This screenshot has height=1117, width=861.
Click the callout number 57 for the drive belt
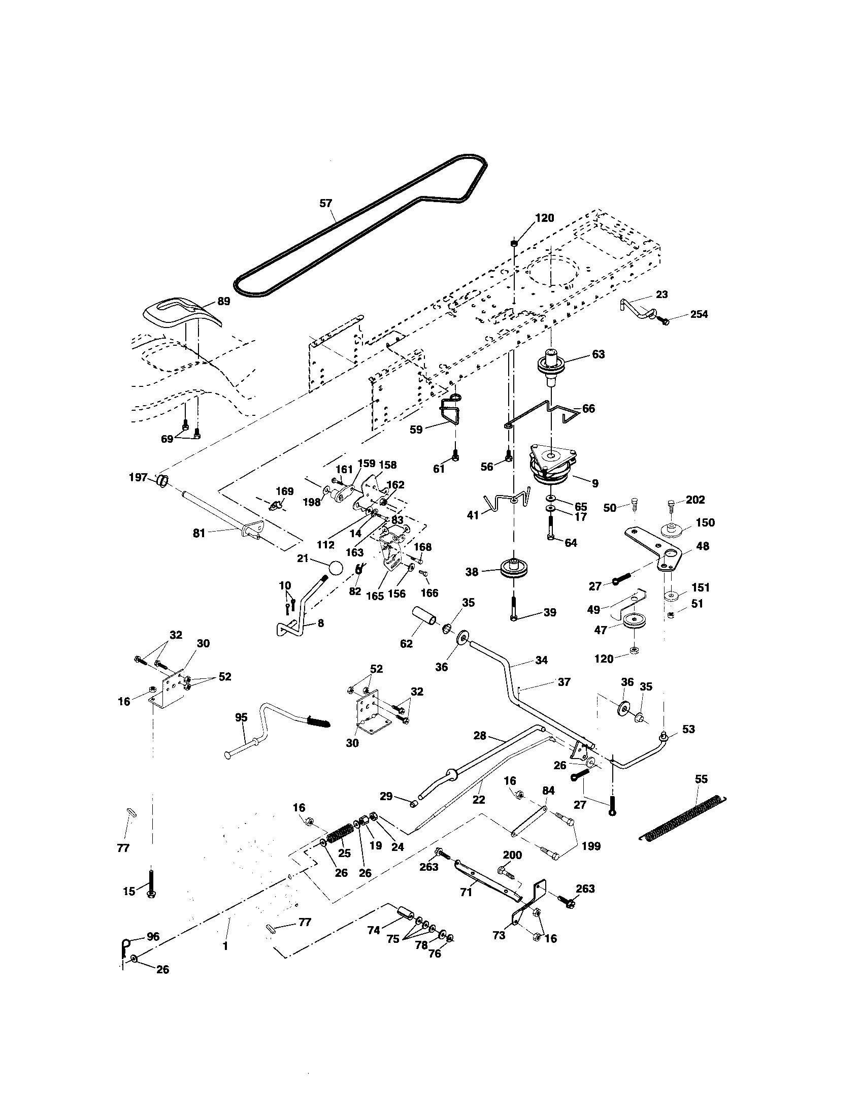tap(325, 204)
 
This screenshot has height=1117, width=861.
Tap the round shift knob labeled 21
tap(335, 568)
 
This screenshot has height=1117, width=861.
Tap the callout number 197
tap(138, 477)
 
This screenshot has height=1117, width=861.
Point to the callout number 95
tap(241, 717)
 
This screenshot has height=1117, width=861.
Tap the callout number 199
tap(591, 846)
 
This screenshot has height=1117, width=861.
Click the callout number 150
tap(705, 522)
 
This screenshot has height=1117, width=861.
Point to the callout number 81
tap(198, 534)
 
